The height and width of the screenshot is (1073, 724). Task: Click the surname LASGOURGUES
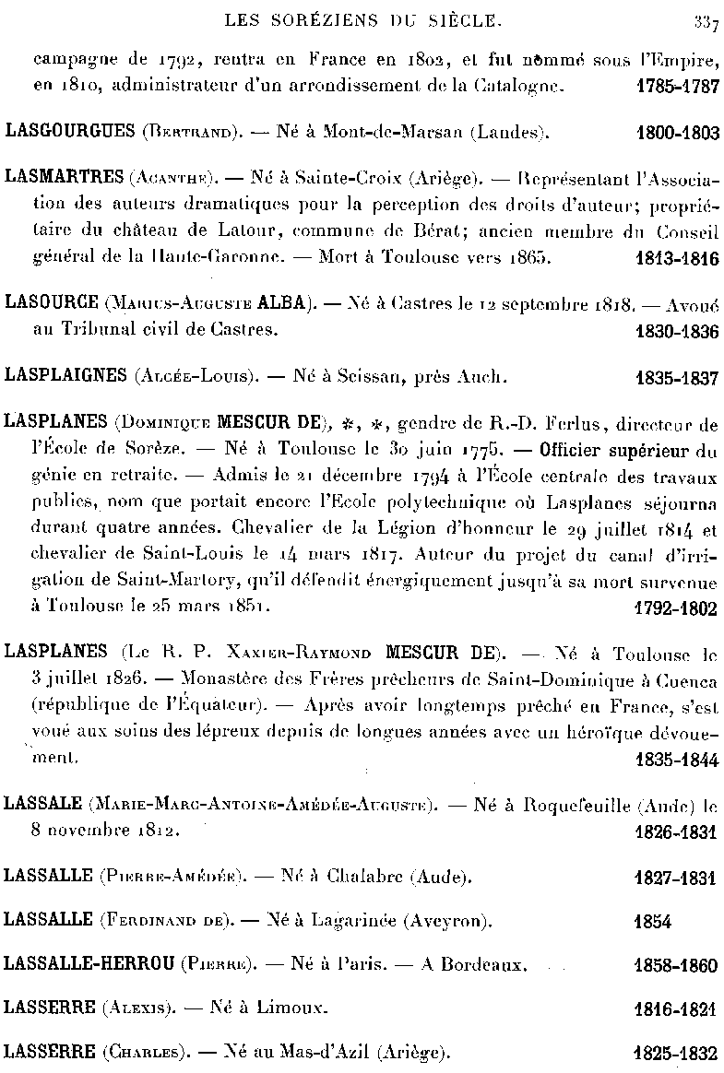click(x=70, y=132)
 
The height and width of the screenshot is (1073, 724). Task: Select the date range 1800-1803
click(x=678, y=133)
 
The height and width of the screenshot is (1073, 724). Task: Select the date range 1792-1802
click(x=678, y=609)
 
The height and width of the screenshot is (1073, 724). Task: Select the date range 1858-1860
click(x=678, y=966)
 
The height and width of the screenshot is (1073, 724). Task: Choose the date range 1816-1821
click(x=678, y=1009)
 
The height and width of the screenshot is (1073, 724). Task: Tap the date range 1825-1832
click(x=678, y=1053)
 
